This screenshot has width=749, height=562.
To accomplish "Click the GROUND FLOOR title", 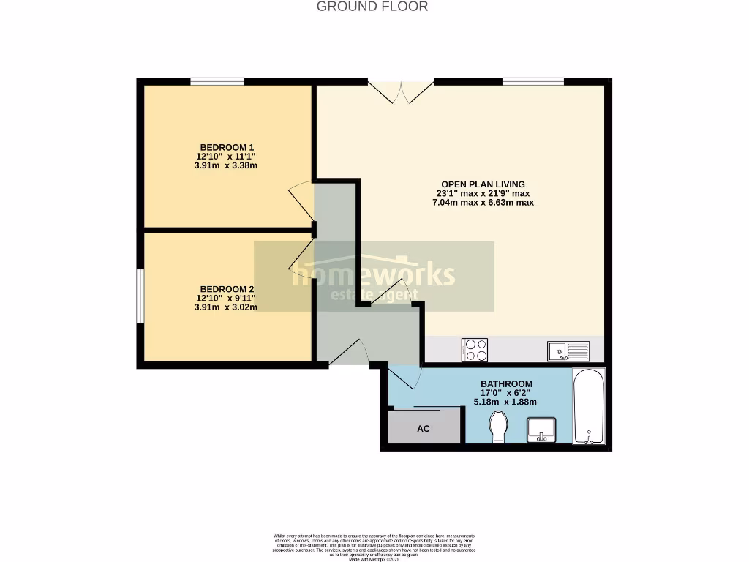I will [372, 7].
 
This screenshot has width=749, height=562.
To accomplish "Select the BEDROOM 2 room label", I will [227, 289].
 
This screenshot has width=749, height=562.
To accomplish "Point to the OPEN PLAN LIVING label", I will [483, 184].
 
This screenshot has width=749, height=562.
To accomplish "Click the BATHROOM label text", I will [506, 384].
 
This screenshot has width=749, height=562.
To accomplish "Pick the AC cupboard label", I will [424, 429].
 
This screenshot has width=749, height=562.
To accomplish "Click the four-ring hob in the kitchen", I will [475, 351].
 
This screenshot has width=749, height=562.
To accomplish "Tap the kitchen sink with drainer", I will [568, 352].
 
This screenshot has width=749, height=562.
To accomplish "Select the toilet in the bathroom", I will [498, 427].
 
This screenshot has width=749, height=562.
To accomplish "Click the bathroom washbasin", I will [541, 429].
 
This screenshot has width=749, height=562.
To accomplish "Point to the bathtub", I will [589, 407].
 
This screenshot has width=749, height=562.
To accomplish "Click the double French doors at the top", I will [400, 91].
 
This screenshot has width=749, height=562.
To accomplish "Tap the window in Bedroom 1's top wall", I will [217, 81].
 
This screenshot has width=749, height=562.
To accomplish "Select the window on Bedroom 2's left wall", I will [140, 296].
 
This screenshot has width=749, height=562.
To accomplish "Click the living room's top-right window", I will [532, 81].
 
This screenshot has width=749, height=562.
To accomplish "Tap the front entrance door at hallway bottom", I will [350, 353].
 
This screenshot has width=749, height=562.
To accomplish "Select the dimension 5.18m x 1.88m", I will [505, 402].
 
